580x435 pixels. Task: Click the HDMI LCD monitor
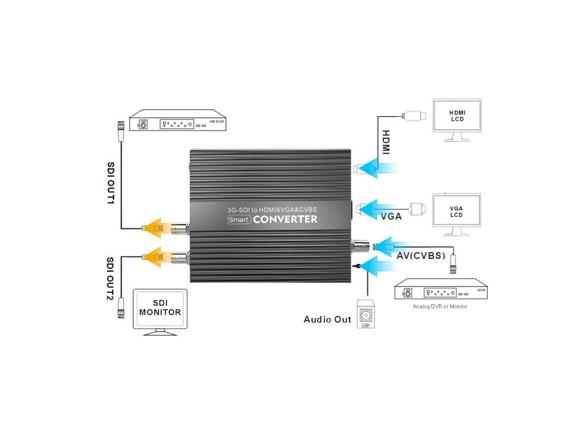click(457, 116)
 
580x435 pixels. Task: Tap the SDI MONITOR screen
click(160, 308)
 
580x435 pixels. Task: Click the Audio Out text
click(327, 319)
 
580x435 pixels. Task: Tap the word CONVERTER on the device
click(285, 219)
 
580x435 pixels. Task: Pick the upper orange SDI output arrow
click(158, 228)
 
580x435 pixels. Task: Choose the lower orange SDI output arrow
click(158, 256)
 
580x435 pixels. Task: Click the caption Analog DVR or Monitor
click(440, 306)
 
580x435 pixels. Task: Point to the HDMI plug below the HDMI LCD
click(413, 117)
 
